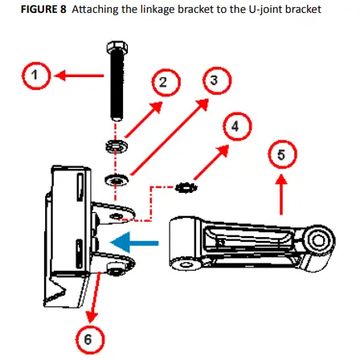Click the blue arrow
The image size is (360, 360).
pos(134,243)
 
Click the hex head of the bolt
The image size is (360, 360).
pos(117,47)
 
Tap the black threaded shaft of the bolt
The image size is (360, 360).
pos(117,87)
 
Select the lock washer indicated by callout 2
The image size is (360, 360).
pos(117,146)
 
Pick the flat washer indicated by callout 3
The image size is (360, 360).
pos(117,180)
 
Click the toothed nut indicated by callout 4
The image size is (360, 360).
pos(186,187)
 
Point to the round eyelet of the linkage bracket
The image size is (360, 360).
pos(318,240)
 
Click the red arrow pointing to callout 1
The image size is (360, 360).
pos(79,76)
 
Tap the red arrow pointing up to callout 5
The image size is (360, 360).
pos(281,194)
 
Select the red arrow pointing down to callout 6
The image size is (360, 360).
pos(95,297)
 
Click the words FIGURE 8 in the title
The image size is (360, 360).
pos(43,10)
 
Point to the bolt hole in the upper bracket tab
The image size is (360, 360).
pos(117,215)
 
